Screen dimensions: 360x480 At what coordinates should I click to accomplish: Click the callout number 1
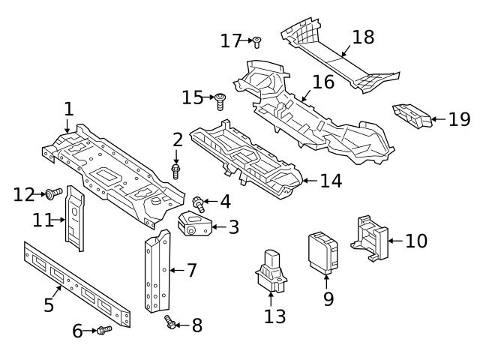[x=68, y=109]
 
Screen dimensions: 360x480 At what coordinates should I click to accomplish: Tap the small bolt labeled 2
[x=176, y=171]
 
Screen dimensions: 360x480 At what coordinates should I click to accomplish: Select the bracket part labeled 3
[x=196, y=224]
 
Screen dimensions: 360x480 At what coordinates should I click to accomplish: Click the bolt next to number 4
[x=199, y=202]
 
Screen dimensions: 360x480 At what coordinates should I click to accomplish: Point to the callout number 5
[x=49, y=304]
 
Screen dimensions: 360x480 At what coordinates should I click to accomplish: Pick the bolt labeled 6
[x=103, y=330]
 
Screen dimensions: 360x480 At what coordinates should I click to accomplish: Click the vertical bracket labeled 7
[x=156, y=274]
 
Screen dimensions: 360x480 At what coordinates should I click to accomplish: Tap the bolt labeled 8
[x=169, y=323]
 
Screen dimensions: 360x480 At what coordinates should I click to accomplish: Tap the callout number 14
[x=330, y=181]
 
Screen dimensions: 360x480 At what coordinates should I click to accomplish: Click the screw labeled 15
[x=220, y=99]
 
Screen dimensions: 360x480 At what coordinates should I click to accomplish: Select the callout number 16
[x=322, y=82]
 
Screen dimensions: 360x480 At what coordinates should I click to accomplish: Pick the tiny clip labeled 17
[x=256, y=40]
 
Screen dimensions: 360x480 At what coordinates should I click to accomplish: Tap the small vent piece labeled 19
[x=412, y=117]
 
